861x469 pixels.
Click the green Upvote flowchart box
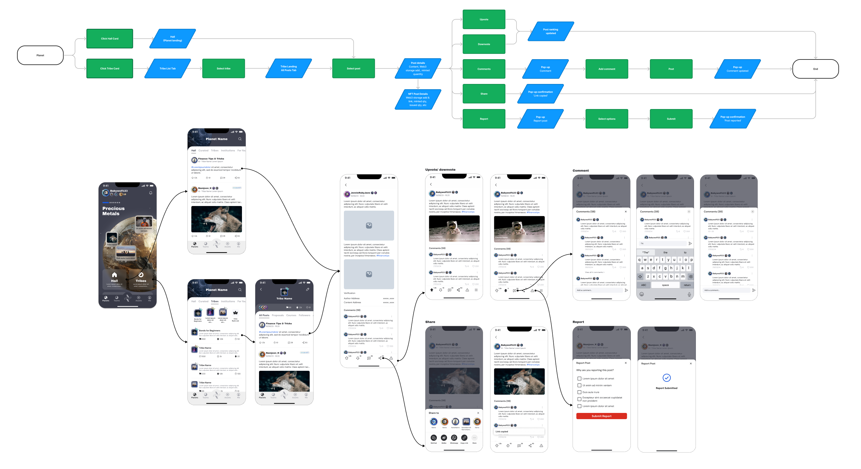coord(484,20)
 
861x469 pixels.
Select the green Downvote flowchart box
coord(484,44)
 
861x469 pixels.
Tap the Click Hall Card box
coord(110,39)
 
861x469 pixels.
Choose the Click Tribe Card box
coord(110,68)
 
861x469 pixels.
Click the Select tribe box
coord(223,68)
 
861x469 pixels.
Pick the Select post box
coord(353,68)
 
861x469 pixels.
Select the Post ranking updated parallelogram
coord(551,31)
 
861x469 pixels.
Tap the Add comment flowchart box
coord(607,69)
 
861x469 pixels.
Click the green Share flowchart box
coord(484,94)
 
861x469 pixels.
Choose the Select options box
coord(607,119)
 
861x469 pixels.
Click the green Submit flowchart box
coord(671,119)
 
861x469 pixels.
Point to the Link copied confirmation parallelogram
coord(540,94)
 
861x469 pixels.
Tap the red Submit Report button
coord(601,416)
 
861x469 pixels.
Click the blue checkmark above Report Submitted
coord(666,378)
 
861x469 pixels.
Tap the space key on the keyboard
coord(665,285)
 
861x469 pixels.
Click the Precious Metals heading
coord(113,211)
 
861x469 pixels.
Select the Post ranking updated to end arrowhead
coord(815,58)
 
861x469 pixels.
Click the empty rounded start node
coord(40,55)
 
